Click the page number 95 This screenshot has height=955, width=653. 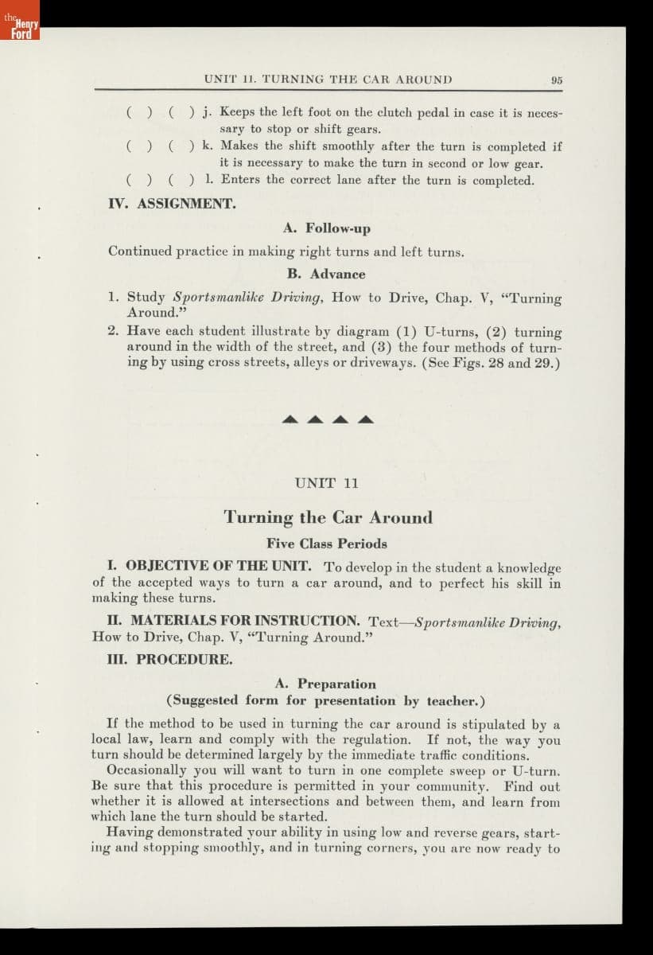click(x=556, y=80)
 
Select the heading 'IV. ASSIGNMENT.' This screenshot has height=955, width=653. click(x=172, y=204)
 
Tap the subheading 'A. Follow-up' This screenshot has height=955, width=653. click(x=327, y=228)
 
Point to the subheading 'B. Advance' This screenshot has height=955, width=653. click(x=327, y=274)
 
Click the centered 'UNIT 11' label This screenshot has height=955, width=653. click(x=327, y=483)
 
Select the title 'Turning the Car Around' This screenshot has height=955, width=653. click(x=328, y=517)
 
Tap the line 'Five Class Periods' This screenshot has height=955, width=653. click(x=327, y=544)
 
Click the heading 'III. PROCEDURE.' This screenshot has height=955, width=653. click(x=170, y=660)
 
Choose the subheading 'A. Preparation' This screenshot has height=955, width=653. click(x=326, y=684)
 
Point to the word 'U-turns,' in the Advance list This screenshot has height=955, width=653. click(x=453, y=332)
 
